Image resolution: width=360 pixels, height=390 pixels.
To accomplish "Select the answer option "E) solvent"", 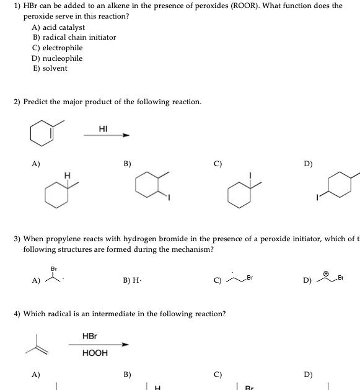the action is click(x=50, y=68).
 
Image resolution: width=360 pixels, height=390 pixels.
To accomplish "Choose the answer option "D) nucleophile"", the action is click(x=57, y=58).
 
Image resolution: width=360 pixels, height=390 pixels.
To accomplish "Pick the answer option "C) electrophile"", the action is click(x=58, y=48).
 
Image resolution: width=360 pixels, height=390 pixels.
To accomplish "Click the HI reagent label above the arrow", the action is click(x=103, y=128).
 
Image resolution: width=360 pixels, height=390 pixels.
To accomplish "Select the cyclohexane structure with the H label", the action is click(x=56, y=192).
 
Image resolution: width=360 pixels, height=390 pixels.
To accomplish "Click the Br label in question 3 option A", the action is click(x=53, y=270).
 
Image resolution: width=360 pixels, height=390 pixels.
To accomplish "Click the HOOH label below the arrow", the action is click(x=95, y=353).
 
